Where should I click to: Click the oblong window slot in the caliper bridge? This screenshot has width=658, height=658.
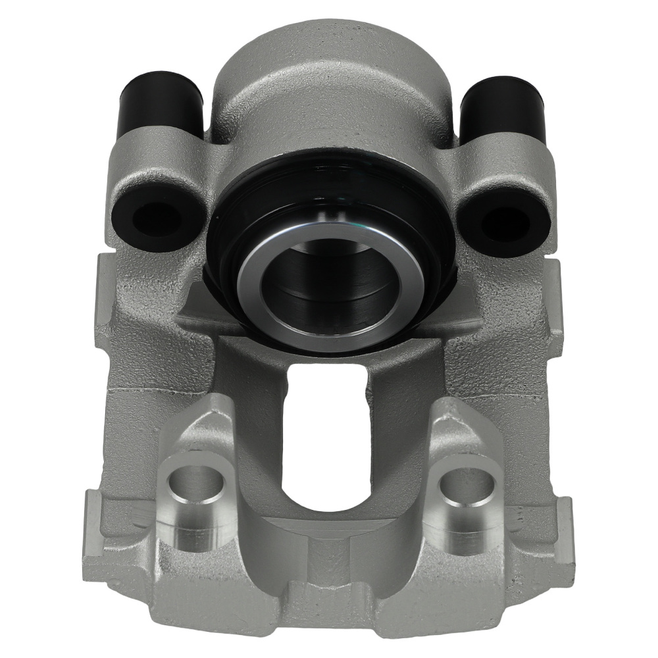(327, 434)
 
